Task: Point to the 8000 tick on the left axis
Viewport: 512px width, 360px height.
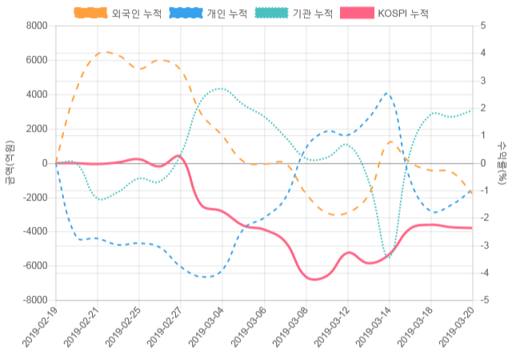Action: pyautogui.click(x=36, y=26)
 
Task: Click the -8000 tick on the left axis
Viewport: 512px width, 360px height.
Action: pyautogui.click(x=34, y=300)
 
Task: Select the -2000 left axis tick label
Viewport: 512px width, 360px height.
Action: pyautogui.click(x=34, y=198)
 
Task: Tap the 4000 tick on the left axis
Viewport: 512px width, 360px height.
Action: pyautogui.click(x=36, y=94)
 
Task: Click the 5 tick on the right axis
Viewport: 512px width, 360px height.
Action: pyautogui.click(x=483, y=26)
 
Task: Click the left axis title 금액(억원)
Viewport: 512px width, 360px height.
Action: pyautogui.click(x=9, y=162)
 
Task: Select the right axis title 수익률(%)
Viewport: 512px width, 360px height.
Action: pyautogui.click(x=502, y=162)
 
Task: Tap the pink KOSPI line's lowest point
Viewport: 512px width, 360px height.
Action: pyautogui.click(x=314, y=279)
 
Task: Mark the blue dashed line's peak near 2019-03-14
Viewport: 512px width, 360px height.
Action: pyautogui.click(x=387, y=93)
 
